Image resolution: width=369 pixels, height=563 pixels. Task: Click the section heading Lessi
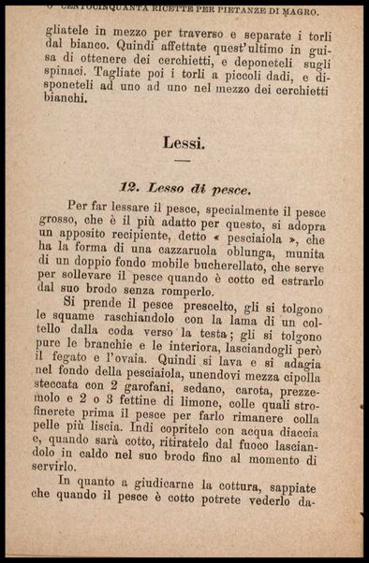(184, 143)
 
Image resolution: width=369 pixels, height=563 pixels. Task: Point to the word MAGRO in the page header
(319, 11)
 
